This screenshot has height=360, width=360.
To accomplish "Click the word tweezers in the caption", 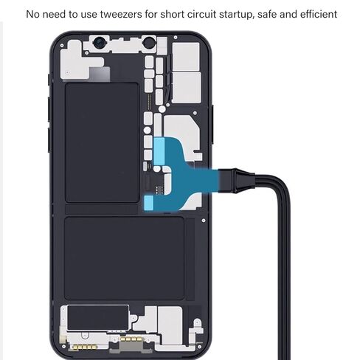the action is [x=121, y=14].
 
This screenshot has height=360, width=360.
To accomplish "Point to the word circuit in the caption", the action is [x=201, y=14].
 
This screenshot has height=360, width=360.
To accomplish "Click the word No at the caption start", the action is [x=32, y=14].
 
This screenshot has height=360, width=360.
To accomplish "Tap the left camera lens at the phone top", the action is [x=99, y=43].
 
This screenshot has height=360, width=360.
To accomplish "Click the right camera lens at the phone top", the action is [x=148, y=43].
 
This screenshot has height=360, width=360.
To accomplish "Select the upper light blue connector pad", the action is [x=159, y=150].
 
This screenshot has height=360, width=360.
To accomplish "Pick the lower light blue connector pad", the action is [x=148, y=203].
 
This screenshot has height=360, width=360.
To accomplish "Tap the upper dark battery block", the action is [x=102, y=142].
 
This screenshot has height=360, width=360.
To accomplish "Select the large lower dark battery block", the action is [x=124, y=258].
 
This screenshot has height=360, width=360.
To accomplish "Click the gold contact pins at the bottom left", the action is [x=83, y=347].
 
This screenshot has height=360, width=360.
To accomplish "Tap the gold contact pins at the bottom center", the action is [x=131, y=339].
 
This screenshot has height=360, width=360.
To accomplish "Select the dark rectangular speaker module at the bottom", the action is [x=98, y=317].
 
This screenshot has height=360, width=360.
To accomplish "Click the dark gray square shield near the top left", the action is [x=100, y=74].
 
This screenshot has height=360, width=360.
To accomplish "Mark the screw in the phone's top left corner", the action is [x=62, y=46].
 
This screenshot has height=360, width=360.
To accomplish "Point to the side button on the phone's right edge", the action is [x=212, y=125].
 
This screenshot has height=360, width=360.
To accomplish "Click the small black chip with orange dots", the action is [x=159, y=189].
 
